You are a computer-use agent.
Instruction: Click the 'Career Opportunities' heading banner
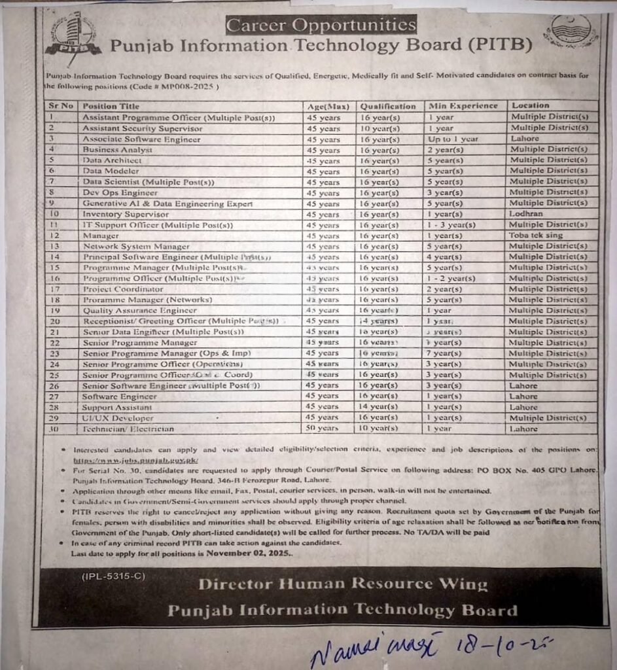[321, 26]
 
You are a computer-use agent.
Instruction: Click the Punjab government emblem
[571, 31]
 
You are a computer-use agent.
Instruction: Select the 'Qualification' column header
[387, 106]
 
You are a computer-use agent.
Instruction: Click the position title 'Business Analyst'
[118, 150]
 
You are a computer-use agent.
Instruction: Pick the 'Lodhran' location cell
[525, 214]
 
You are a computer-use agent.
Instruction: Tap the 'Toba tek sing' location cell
[536, 236]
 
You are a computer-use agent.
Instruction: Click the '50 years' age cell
[323, 429]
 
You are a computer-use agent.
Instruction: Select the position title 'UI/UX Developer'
[118, 418]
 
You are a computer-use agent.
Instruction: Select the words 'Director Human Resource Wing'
[342, 584]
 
